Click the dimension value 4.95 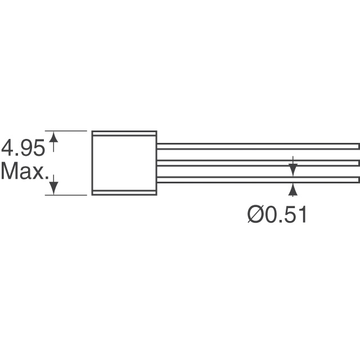(23, 149)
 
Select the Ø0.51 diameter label (277, 215)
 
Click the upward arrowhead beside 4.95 (54, 137)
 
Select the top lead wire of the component (258, 146)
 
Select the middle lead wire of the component (258, 163)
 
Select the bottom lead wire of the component (258, 179)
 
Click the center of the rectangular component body (124, 163)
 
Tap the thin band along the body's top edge (124, 134)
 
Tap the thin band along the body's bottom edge (124, 192)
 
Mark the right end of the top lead (358, 146)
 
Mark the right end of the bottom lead (358, 179)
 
